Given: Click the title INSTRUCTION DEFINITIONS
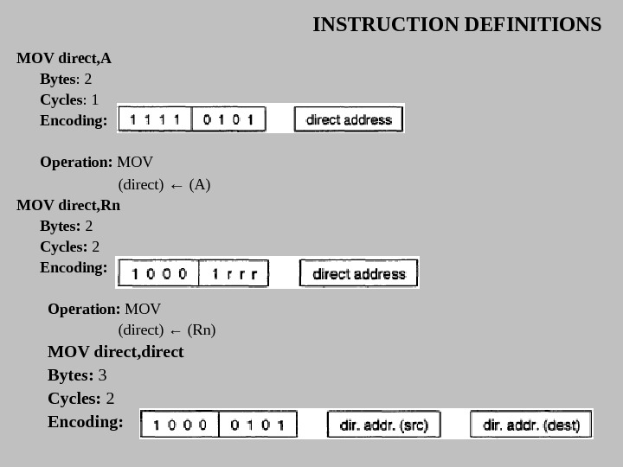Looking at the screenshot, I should (457, 24).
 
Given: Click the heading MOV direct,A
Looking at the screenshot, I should (64, 59).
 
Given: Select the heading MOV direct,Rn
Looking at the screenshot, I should (68, 206).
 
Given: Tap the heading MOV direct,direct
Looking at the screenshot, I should (115, 352).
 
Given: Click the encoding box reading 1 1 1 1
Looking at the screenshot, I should (155, 119).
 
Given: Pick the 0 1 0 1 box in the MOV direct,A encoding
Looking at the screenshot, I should (228, 119).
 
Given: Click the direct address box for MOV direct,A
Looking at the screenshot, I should (349, 119).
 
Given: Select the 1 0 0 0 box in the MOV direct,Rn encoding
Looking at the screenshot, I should (157, 273).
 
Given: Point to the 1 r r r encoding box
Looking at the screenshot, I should (234, 273).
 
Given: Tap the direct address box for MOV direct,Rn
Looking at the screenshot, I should (358, 273).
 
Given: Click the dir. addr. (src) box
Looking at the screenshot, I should (383, 425).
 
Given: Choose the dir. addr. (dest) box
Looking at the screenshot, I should (530, 425).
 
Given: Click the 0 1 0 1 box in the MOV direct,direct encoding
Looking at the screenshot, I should (258, 425).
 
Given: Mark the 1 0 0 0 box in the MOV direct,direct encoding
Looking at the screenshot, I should (180, 425).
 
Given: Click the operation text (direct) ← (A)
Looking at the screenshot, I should (164, 185).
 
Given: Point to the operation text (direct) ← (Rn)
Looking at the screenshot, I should (167, 330).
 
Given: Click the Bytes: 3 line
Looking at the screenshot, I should (77, 375).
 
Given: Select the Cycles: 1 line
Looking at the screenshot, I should (69, 99).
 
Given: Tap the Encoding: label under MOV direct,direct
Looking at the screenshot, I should (86, 422).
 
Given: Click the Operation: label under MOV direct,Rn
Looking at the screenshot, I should (84, 309).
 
